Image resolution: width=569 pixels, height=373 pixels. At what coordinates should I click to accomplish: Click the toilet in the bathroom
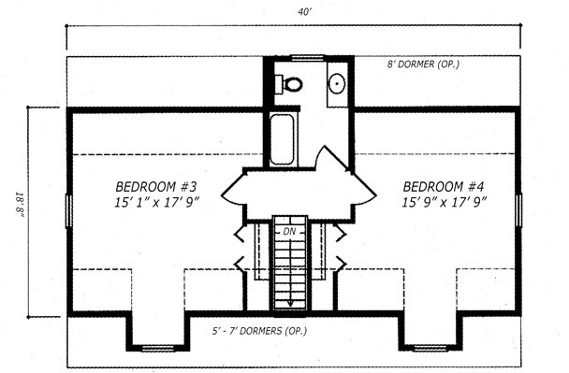tap(288, 84)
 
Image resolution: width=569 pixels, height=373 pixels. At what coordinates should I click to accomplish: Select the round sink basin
tap(337, 83)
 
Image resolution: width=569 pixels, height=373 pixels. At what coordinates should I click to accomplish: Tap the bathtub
tap(282, 139)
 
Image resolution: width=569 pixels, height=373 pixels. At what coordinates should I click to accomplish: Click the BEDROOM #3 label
tap(156, 187)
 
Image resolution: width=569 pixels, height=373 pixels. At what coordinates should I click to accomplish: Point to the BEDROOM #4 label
tap(444, 187)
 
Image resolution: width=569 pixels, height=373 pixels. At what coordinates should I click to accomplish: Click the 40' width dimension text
tap(305, 12)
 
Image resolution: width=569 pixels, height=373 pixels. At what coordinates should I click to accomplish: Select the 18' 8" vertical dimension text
tap(21, 205)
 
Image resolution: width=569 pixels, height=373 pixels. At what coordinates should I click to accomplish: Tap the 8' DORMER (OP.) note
tap(423, 65)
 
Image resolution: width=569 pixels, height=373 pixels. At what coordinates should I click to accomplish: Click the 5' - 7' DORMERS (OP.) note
tap(259, 331)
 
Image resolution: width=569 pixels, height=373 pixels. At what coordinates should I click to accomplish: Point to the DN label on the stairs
tap(289, 231)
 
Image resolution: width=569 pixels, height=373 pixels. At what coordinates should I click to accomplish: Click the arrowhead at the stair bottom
tap(290, 303)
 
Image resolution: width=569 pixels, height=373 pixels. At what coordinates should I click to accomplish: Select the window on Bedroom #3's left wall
tap(68, 211)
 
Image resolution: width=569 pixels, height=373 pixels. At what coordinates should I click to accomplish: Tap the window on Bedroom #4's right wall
tap(518, 210)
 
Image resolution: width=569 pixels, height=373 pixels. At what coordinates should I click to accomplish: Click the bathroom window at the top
tap(307, 58)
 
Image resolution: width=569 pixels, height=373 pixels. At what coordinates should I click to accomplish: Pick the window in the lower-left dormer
tap(158, 349)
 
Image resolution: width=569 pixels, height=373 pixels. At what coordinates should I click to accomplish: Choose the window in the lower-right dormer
tap(430, 349)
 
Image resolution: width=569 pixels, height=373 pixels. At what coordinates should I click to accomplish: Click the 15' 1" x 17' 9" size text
tap(157, 202)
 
